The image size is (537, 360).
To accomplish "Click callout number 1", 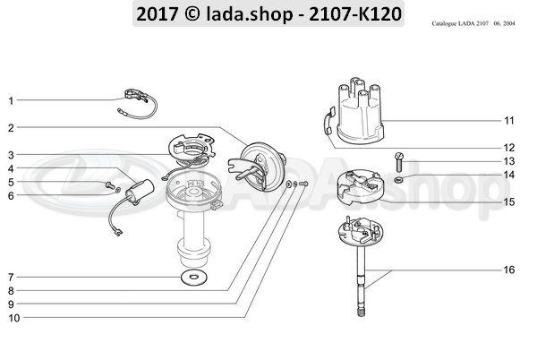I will click(x=11, y=101).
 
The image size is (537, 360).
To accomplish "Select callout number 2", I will click(x=11, y=128).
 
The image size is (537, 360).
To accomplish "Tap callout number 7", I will click(x=11, y=277).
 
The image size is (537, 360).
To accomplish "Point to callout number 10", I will click(x=11, y=317).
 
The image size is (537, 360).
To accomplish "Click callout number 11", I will click(x=507, y=119).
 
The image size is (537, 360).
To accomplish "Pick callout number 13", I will click(x=507, y=161).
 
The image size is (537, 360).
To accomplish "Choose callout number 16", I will click(x=507, y=270).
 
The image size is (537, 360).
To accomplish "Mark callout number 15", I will click(x=507, y=201).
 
